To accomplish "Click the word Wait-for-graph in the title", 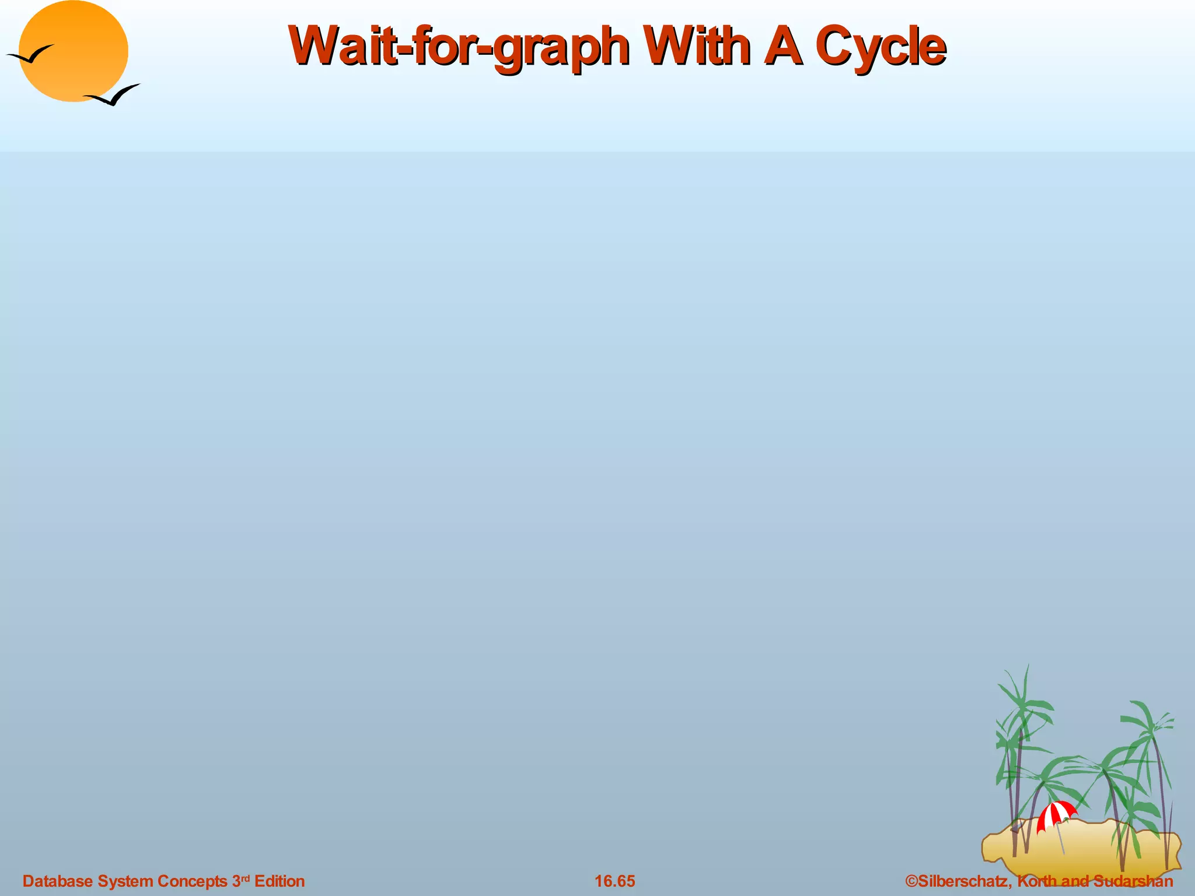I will [x=459, y=47].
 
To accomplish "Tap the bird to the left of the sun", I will [x=29, y=55].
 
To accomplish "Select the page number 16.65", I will [x=614, y=881].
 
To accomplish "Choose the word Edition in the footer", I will [x=279, y=881].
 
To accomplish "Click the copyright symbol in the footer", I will [x=911, y=881].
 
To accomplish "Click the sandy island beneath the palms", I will [x=1079, y=846].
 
